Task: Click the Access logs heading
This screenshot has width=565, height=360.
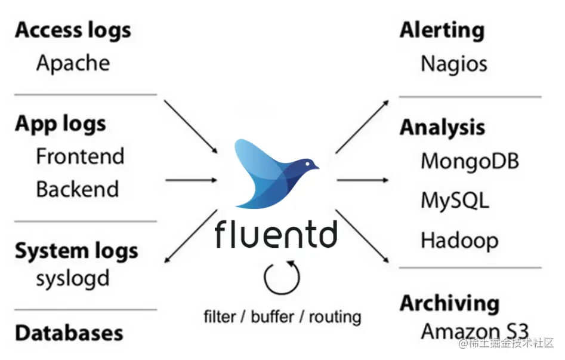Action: click(x=73, y=30)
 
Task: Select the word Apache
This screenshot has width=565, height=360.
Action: click(x=73, y=63)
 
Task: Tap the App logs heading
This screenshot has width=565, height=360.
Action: click(x=60, y=124)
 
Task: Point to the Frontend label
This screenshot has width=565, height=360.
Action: click(x=81, y=156)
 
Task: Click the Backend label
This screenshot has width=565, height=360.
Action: click(x=78, y=189)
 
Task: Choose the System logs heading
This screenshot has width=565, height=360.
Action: click(x=76, y=251)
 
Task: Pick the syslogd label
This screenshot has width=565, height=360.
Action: click(x=73, y=279)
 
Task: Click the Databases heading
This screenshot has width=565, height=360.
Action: click(x=69, y=333)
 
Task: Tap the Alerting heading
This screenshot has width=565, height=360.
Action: click(x=442, y=30)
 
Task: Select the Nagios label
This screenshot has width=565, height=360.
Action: click(x=454, y=64)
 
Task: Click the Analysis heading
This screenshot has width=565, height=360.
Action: click(x=443, y=128)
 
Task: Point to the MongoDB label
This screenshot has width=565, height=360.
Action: click(x=470, y=161)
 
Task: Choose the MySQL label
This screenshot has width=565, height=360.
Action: click(x=455, y=201)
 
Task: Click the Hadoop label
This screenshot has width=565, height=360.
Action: click(x=460, y=240)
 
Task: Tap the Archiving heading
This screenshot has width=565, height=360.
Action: click(x=450, y=303)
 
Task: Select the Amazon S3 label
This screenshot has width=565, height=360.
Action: click(x=475, y=331)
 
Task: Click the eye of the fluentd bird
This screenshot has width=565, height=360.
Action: click(x=307, y=164)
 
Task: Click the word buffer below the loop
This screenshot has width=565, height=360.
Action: click(x=273, y=316)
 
